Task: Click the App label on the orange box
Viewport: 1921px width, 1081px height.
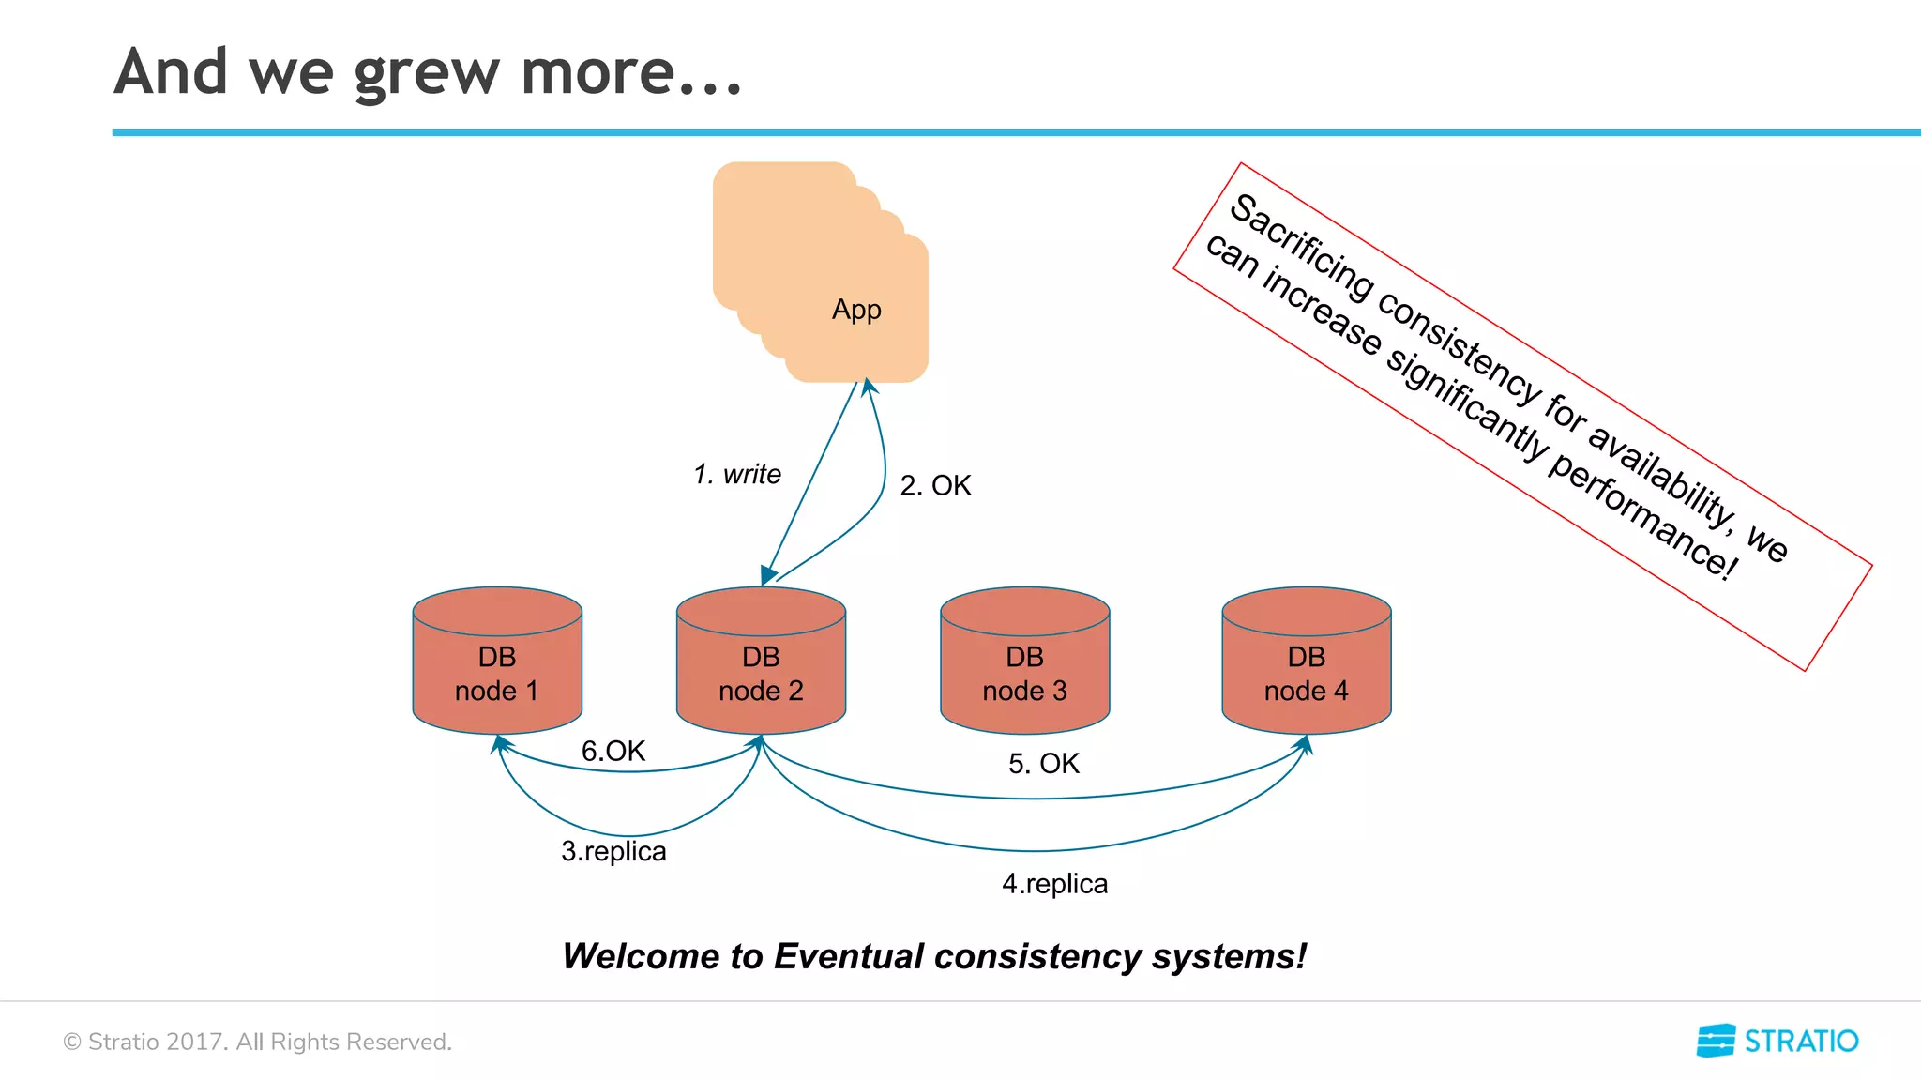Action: point(856,310)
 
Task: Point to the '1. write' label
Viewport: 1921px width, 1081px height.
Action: point(737,475)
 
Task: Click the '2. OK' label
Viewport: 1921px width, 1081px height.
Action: point(935,486)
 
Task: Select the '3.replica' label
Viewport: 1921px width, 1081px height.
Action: point(613,851)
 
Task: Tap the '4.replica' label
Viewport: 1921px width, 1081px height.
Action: point(1054,884)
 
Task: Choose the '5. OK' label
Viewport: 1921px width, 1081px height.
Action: point(1044,764)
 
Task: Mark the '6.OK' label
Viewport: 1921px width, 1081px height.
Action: point(613,751)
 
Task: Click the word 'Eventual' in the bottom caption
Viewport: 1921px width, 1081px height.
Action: point(849,956)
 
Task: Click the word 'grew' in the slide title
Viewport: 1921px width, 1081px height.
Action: point(427,73)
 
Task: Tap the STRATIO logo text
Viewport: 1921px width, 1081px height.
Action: point(1800,1042)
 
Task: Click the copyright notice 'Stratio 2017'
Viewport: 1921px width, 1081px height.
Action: point(155,1042)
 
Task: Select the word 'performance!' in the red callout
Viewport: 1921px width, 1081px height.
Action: point(1641,517)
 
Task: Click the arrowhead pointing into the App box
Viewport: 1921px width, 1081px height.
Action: point(870,386)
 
